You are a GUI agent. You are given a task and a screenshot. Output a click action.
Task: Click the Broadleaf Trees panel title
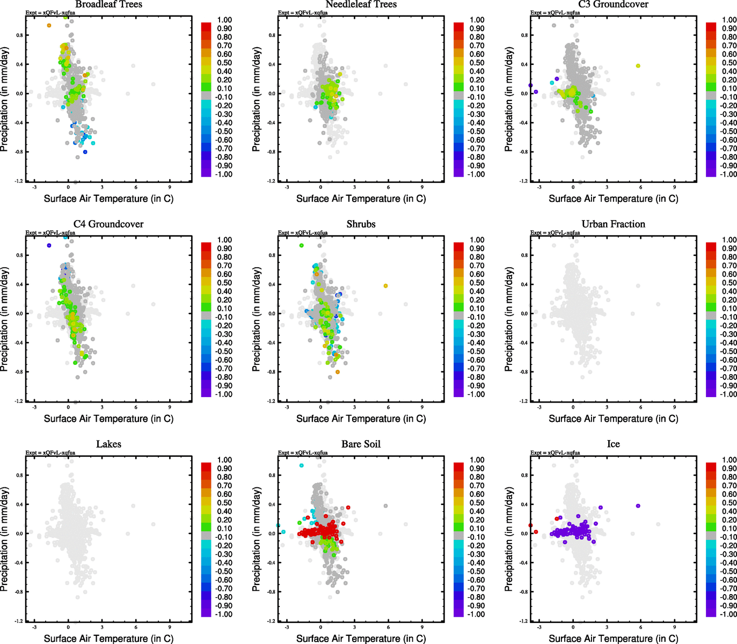pos(108,4)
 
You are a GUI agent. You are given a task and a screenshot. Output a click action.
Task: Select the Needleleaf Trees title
pos(361,4)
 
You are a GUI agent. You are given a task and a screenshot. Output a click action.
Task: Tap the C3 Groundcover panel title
pos(613,4)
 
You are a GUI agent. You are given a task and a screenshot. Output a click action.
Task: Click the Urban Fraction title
pos(613,224)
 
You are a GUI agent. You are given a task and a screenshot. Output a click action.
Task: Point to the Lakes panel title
pos(108,444)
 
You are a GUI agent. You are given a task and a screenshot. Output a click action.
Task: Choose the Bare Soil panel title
pos(361,444)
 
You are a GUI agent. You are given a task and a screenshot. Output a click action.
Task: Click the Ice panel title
pos(613,444)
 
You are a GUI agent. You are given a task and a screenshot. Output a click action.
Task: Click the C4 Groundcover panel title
pos(108,224)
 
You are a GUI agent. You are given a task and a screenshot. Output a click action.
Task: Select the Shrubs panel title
pos(361,224)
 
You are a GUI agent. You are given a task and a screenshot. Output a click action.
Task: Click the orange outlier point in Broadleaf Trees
pos(49,25)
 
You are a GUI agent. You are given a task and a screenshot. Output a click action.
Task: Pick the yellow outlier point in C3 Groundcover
pos(638,65)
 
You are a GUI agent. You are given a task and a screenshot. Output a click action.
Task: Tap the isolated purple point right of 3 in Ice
pos(638,506)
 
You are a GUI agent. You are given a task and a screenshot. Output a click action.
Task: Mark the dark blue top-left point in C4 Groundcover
pos(49,245)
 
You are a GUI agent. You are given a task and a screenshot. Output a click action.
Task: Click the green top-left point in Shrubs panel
pos(301,245)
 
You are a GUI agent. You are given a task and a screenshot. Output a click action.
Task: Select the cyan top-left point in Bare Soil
pos(301,465)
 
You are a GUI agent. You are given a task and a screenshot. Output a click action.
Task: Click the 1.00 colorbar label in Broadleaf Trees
pos(224,20)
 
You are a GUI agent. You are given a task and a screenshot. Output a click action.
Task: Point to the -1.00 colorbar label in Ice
pos(728,614)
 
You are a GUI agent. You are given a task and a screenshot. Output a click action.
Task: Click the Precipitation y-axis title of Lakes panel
pos(5,539)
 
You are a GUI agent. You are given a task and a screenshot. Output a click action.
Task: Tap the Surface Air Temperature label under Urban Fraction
pos(613,419)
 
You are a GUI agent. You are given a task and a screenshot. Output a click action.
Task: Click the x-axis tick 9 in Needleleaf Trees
pos(422,187)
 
